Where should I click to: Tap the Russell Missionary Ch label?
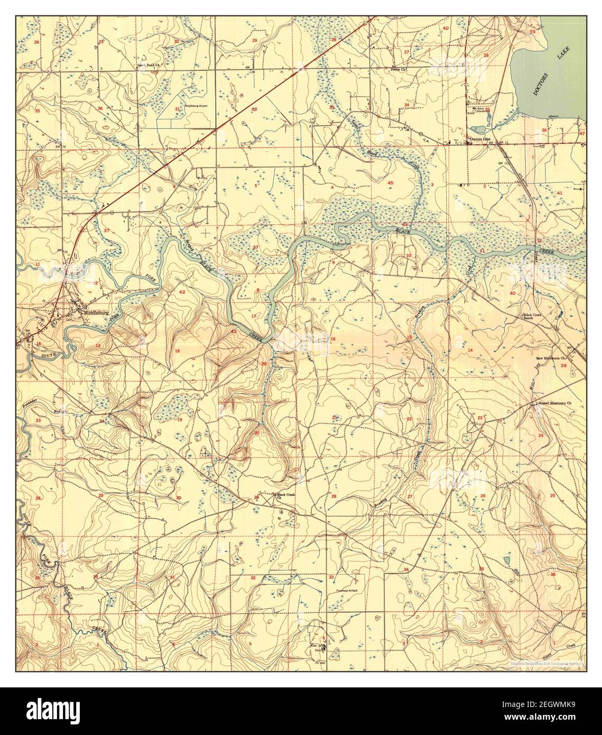click(x=554, y=403)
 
